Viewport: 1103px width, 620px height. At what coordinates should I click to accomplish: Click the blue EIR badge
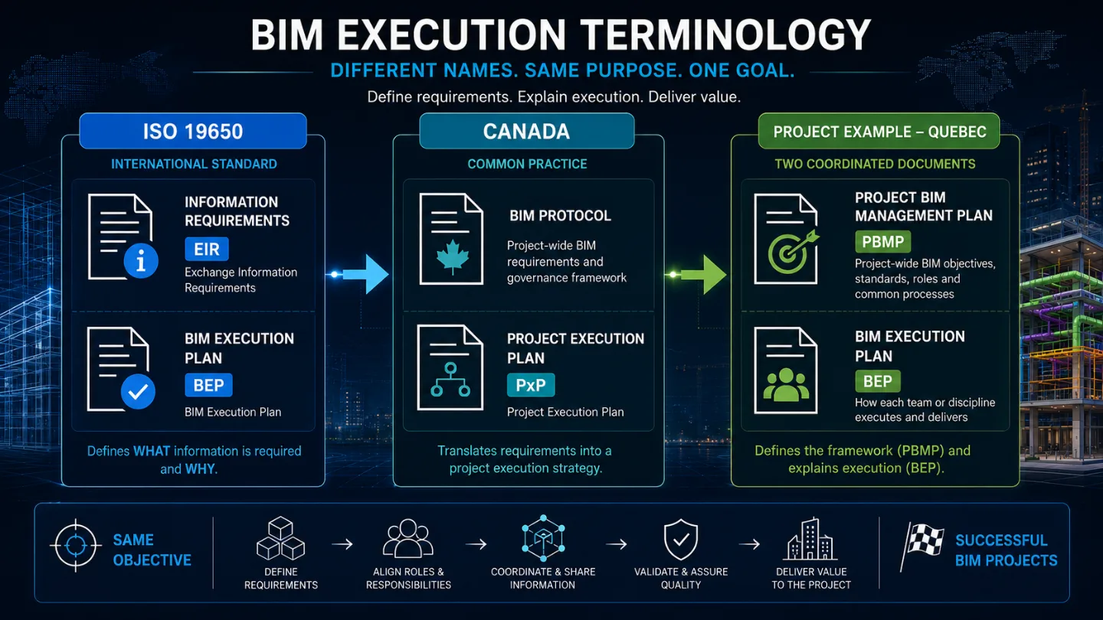point(207,249)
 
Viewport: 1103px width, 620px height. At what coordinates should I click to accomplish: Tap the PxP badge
point(530,385)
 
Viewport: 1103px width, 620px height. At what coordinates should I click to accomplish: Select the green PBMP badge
point(882,242)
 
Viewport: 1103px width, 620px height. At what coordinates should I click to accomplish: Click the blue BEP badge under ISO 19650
point(208,385)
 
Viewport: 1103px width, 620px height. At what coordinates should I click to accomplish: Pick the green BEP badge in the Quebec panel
point(878,381)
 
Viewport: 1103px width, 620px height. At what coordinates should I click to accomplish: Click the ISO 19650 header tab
point(193,131)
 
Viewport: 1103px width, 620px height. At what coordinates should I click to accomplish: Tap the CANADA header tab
point(526,131)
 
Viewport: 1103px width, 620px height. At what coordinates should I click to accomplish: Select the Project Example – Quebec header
point(879,131)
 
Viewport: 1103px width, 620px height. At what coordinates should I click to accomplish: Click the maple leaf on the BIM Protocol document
point(452,257)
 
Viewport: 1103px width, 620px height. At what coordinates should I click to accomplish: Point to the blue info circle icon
point(141,261)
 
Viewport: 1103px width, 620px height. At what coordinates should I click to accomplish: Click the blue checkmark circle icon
point(138,391)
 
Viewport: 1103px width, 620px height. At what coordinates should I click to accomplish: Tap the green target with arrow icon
point(792,253)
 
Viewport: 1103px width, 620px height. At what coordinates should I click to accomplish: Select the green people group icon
point(786,384)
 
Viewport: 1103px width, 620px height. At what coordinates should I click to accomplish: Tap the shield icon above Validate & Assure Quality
point(681,540)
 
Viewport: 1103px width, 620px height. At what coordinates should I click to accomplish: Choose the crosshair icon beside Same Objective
point(75,545)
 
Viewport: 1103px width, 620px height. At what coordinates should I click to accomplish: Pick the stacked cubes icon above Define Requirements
point(280,538)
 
